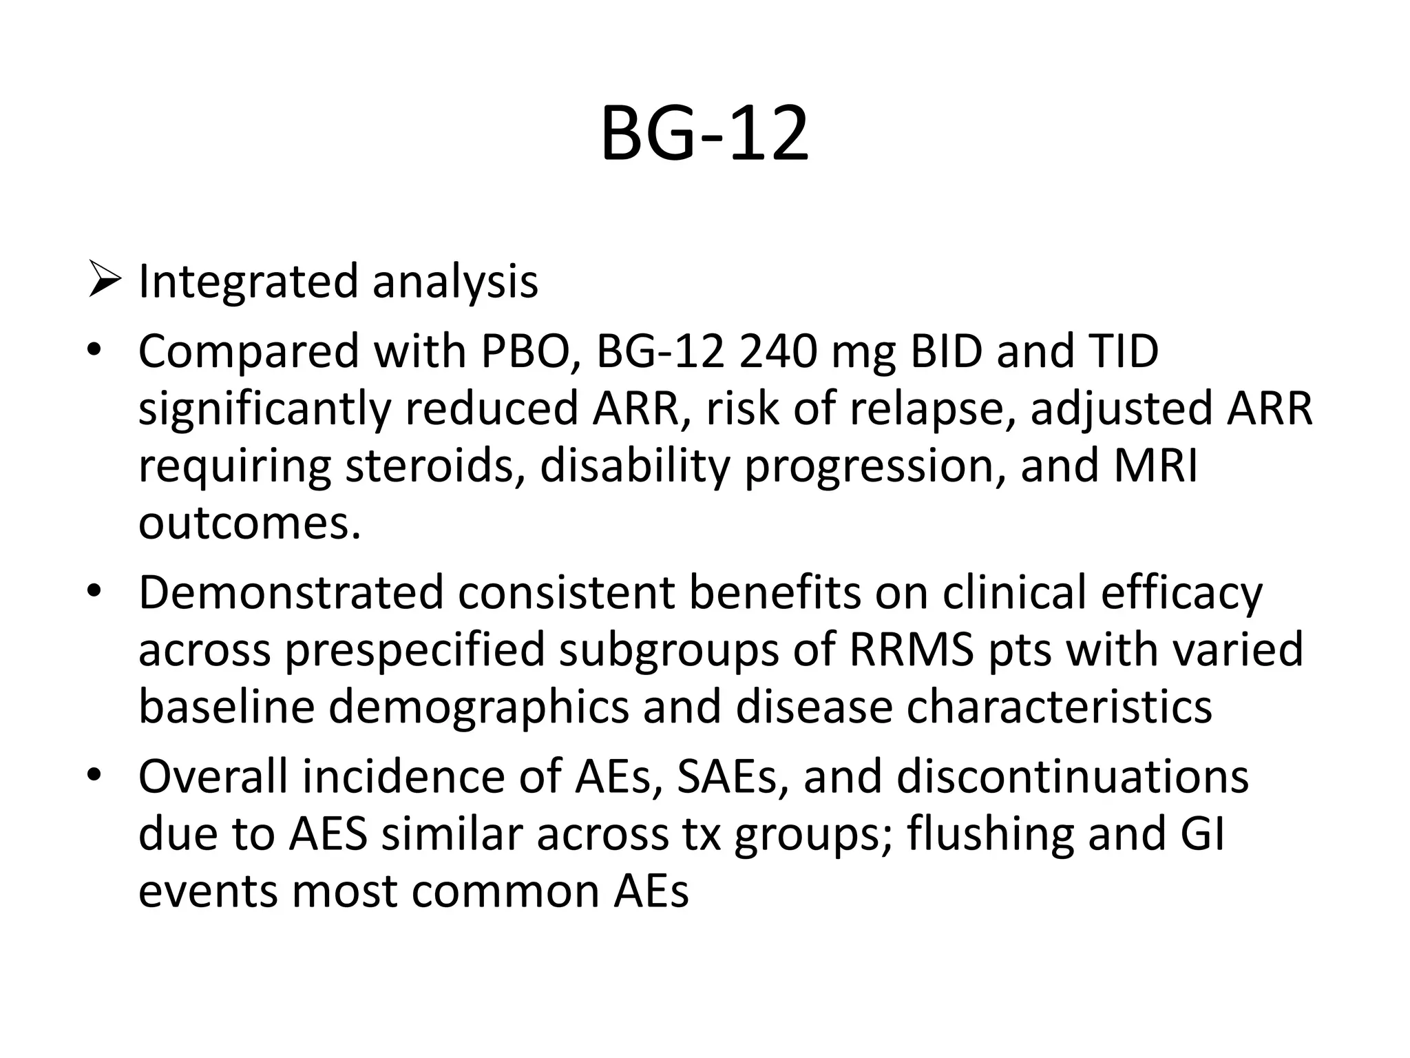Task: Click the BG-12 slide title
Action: (704, 134)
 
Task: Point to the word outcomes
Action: (249, 524)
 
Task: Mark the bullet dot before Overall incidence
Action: (94, 776)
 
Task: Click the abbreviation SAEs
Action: (733, 777)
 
